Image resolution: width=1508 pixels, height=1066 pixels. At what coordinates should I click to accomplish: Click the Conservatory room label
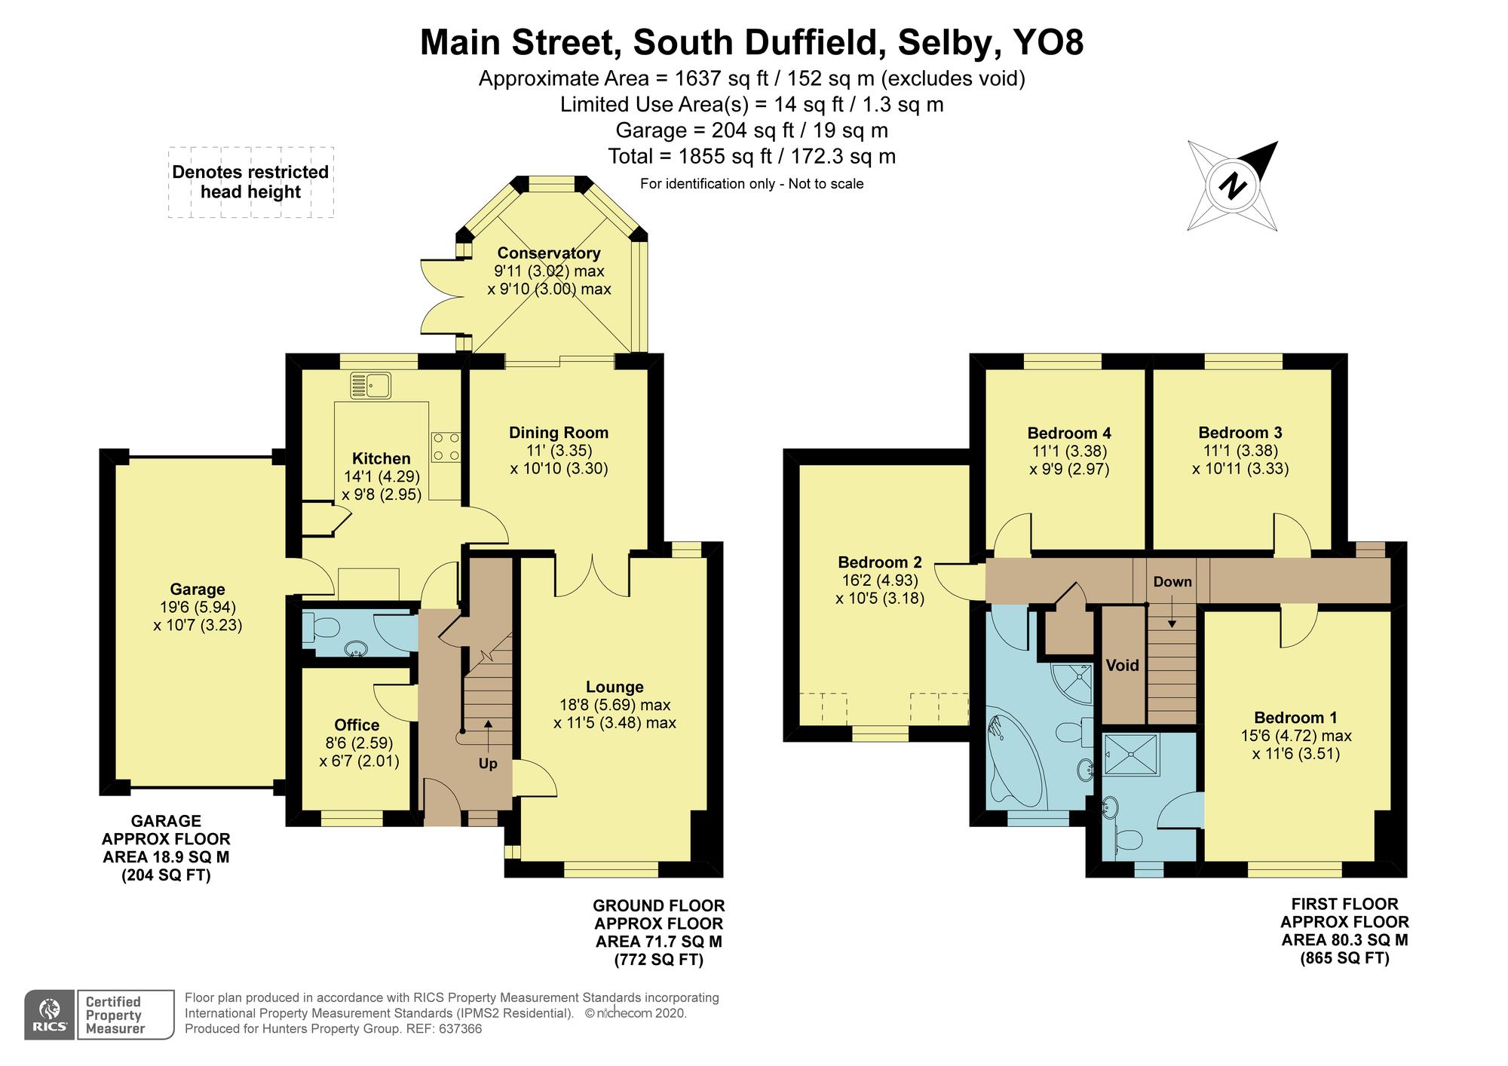548,253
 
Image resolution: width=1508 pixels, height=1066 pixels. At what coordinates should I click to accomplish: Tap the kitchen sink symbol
370,386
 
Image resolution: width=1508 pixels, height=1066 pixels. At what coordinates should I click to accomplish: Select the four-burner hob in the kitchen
446,447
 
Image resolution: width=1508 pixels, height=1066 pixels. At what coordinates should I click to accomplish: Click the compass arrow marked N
1234,185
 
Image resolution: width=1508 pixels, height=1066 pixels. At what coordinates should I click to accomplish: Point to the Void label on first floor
1121,665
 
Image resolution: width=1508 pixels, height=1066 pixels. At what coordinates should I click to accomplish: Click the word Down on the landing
1172,581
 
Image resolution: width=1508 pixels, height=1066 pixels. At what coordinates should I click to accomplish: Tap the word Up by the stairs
488,764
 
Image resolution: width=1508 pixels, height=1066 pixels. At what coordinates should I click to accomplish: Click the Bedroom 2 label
880,562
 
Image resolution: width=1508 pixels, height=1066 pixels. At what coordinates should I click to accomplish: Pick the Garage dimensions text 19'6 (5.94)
197,607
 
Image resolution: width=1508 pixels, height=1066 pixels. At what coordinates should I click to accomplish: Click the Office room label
357,724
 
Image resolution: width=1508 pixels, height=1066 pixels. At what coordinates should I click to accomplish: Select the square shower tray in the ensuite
1129,755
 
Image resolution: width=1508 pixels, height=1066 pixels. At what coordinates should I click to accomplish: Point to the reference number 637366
458,1028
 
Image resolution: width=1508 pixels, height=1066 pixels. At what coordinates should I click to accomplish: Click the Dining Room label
558,433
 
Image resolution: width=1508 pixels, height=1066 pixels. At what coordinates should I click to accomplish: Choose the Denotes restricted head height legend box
250,182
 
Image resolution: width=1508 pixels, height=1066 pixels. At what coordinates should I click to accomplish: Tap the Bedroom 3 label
1240,433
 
